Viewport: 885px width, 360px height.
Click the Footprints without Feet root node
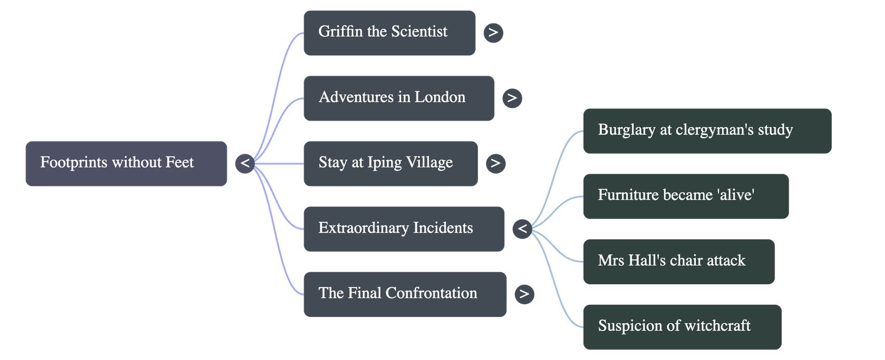point(126,163)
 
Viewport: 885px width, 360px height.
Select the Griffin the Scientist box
point(389,33)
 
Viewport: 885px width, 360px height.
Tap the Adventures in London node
point(398,98)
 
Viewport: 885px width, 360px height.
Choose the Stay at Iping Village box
point(390,163)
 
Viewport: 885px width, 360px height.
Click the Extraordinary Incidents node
point(403,228)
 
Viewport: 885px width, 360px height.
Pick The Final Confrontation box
point(404,294)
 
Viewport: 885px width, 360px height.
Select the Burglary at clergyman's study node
point(706,131)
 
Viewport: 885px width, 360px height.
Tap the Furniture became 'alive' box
point(685,196)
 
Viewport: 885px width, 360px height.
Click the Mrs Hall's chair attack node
point(678,261)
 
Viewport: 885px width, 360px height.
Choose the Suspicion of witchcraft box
point(681,326)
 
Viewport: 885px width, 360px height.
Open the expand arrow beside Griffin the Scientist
point(493,33)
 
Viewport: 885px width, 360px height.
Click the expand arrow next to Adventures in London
point(512,98)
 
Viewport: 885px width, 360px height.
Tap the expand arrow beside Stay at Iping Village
point(495,163)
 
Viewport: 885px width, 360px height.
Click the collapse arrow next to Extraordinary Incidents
point(522,228)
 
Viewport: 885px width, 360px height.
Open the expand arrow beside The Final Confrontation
point(524,294)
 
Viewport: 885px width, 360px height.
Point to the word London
point(440,97)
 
